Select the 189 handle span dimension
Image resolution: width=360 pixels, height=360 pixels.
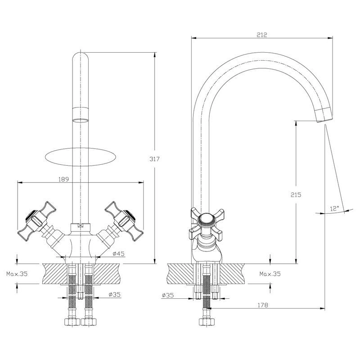[x=63, y=179]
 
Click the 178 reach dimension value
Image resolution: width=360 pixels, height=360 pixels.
[x=263, y=305]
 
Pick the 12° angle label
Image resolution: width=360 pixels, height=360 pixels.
[x=334, y=208]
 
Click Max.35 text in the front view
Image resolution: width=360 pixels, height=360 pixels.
[x=18, y=274]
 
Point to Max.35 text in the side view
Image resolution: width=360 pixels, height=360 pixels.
[x=270, y=274]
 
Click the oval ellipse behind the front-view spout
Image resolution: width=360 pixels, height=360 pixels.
[x=81, y=157]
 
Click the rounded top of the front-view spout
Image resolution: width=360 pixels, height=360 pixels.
[x=81, y=58]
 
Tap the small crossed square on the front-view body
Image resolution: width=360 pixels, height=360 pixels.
[x=81, y=226]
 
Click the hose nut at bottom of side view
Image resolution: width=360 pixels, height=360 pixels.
[x=207, y=322]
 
